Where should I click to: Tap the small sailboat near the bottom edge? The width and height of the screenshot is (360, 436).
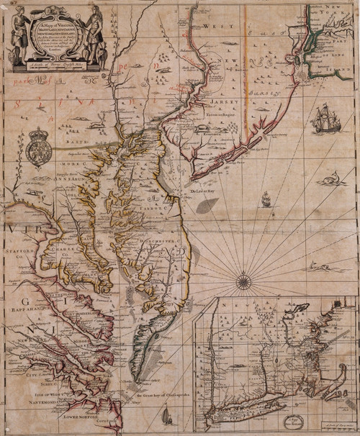point(167,415)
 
